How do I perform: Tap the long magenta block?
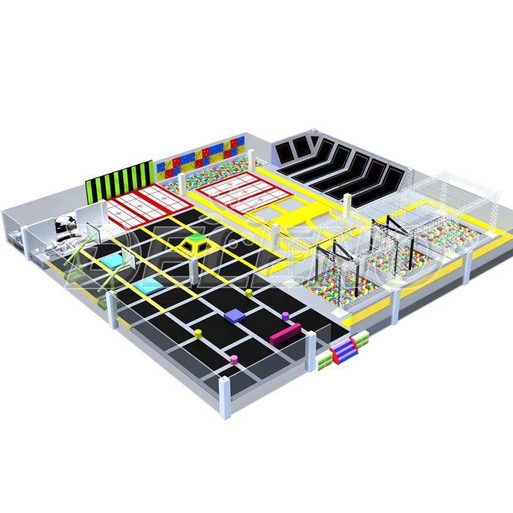[285, 332]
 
